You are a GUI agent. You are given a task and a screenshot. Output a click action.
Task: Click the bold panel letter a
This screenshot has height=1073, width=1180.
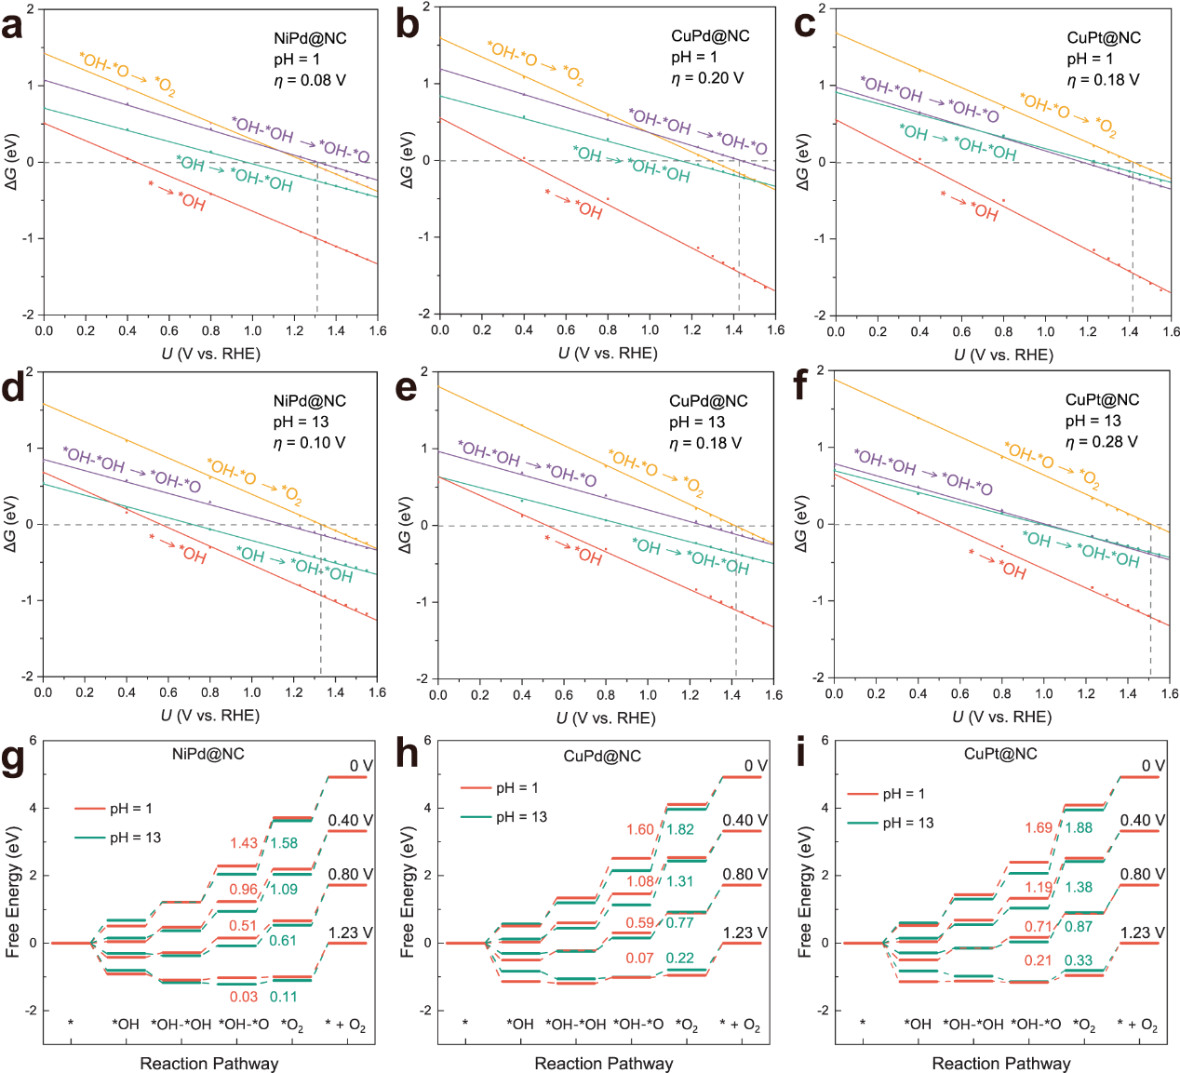(x=13, y=26)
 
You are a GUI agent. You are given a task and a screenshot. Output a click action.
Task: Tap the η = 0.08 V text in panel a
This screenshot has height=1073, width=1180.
(x=310, y=81)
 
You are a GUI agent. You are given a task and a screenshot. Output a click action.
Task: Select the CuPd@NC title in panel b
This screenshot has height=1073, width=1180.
(x=710, y=36)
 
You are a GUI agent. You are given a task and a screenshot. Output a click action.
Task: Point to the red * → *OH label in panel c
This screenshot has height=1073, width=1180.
(x=969, y=206)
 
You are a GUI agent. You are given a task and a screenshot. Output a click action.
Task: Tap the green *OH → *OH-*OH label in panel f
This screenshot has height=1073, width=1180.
(x=1080, y=549)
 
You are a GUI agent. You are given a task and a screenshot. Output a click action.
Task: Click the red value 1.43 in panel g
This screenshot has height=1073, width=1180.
(x=244, y=843)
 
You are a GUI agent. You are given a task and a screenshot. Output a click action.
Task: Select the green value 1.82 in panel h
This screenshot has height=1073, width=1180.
(x=680, y=829)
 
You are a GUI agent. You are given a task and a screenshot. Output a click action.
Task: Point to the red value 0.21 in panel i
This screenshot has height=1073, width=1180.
(x=1038, y=960)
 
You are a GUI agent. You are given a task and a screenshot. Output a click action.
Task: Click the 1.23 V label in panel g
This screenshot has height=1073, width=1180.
(x=350, y=932)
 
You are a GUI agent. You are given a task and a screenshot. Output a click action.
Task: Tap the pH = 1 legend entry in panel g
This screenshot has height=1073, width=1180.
(x=130, y=809)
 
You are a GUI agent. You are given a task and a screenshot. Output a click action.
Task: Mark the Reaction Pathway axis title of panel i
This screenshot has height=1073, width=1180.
(x=1000, y=1064)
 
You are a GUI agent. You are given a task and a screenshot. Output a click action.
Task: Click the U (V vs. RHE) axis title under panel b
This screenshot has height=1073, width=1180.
(x=608, y=354)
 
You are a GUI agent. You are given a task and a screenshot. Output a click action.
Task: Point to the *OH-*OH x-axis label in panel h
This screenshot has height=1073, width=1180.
(x=575, y=1025)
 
